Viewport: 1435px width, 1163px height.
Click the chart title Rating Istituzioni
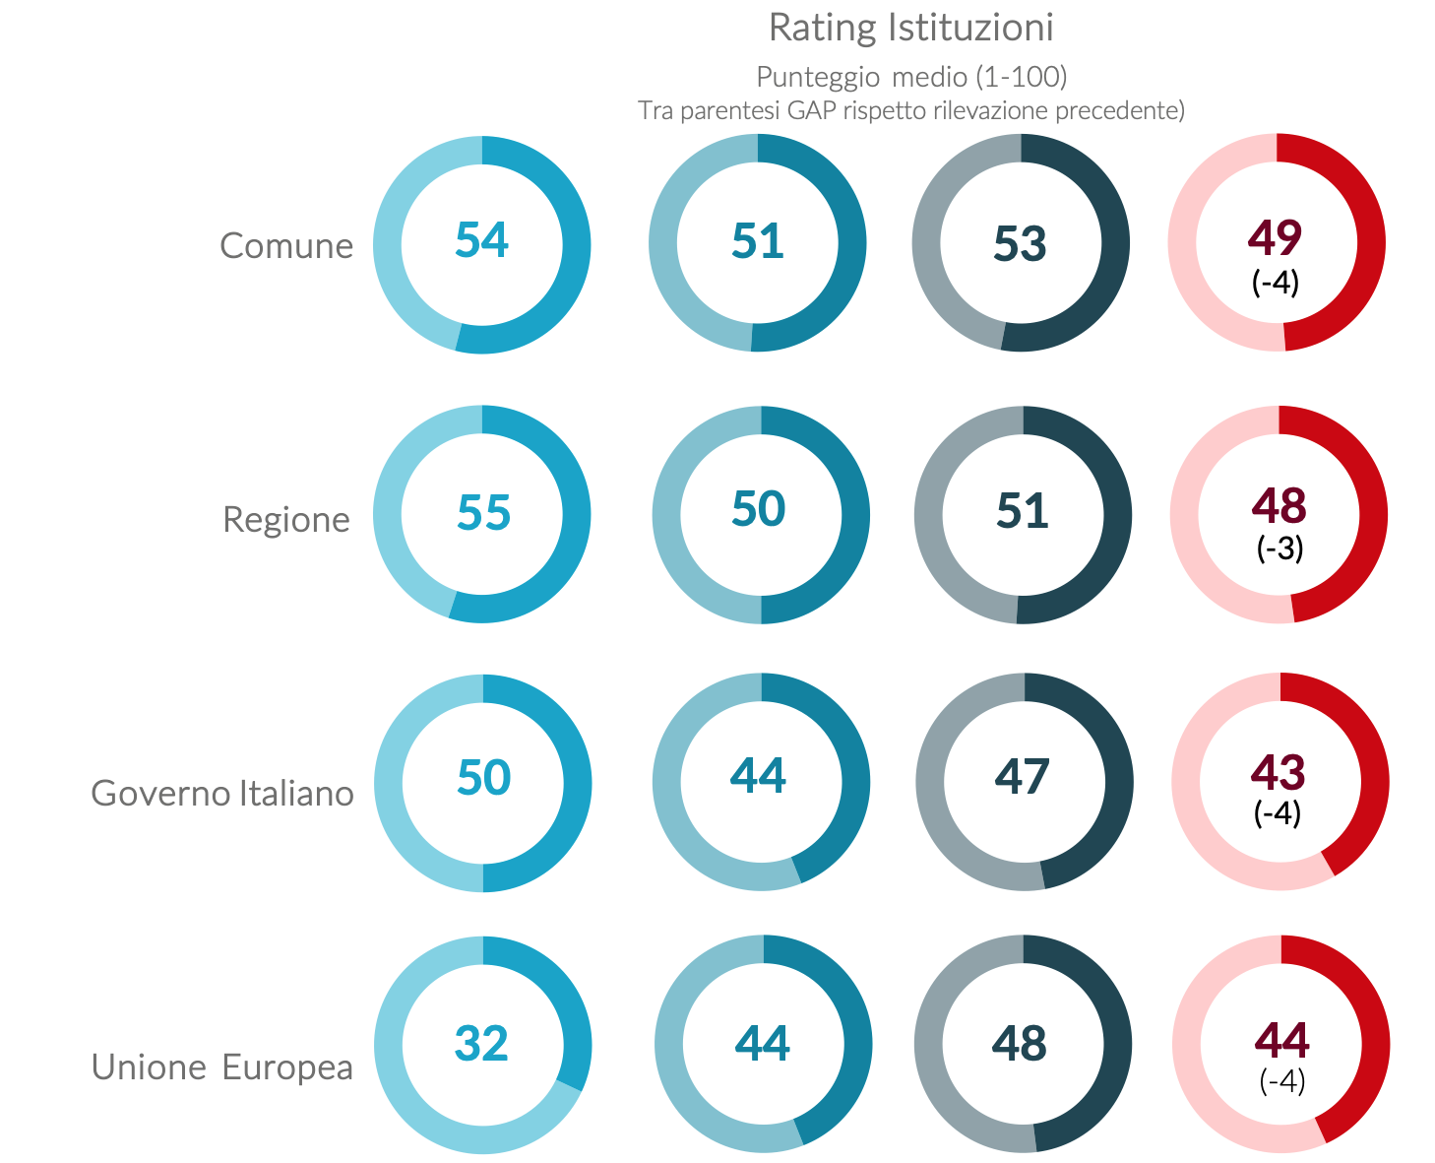(910, 28)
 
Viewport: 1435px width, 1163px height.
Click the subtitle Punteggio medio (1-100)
(911, 77)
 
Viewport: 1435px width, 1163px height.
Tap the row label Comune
(286, 245)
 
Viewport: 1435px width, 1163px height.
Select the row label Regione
(286, 519)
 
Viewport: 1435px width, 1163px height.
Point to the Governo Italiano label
(222, 793)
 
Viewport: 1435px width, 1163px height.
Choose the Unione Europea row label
(222, 1066)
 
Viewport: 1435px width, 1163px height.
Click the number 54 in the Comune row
(482, 240)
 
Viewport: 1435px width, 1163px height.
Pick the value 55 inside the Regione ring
(483, 512)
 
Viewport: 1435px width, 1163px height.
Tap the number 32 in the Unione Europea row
(481, 1044)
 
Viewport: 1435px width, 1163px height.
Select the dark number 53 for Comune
(1020, 244)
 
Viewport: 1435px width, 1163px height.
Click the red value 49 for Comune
(1275, 236)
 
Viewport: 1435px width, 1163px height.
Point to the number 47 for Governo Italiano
(1023, 777)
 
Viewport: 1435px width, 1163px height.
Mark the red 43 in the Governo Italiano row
(1279, 773)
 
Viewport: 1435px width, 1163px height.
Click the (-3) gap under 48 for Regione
(1279, 549)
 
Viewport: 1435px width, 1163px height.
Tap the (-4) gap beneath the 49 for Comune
(1276, 283)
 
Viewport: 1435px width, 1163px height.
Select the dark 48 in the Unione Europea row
(1020, 1044)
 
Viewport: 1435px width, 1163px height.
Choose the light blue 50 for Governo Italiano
(483, 778)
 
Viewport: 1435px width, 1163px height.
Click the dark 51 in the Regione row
(1023, 511)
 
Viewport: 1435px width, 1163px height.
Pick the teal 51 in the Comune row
(758, 241)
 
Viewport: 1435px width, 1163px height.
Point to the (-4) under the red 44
(1282, 1081)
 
